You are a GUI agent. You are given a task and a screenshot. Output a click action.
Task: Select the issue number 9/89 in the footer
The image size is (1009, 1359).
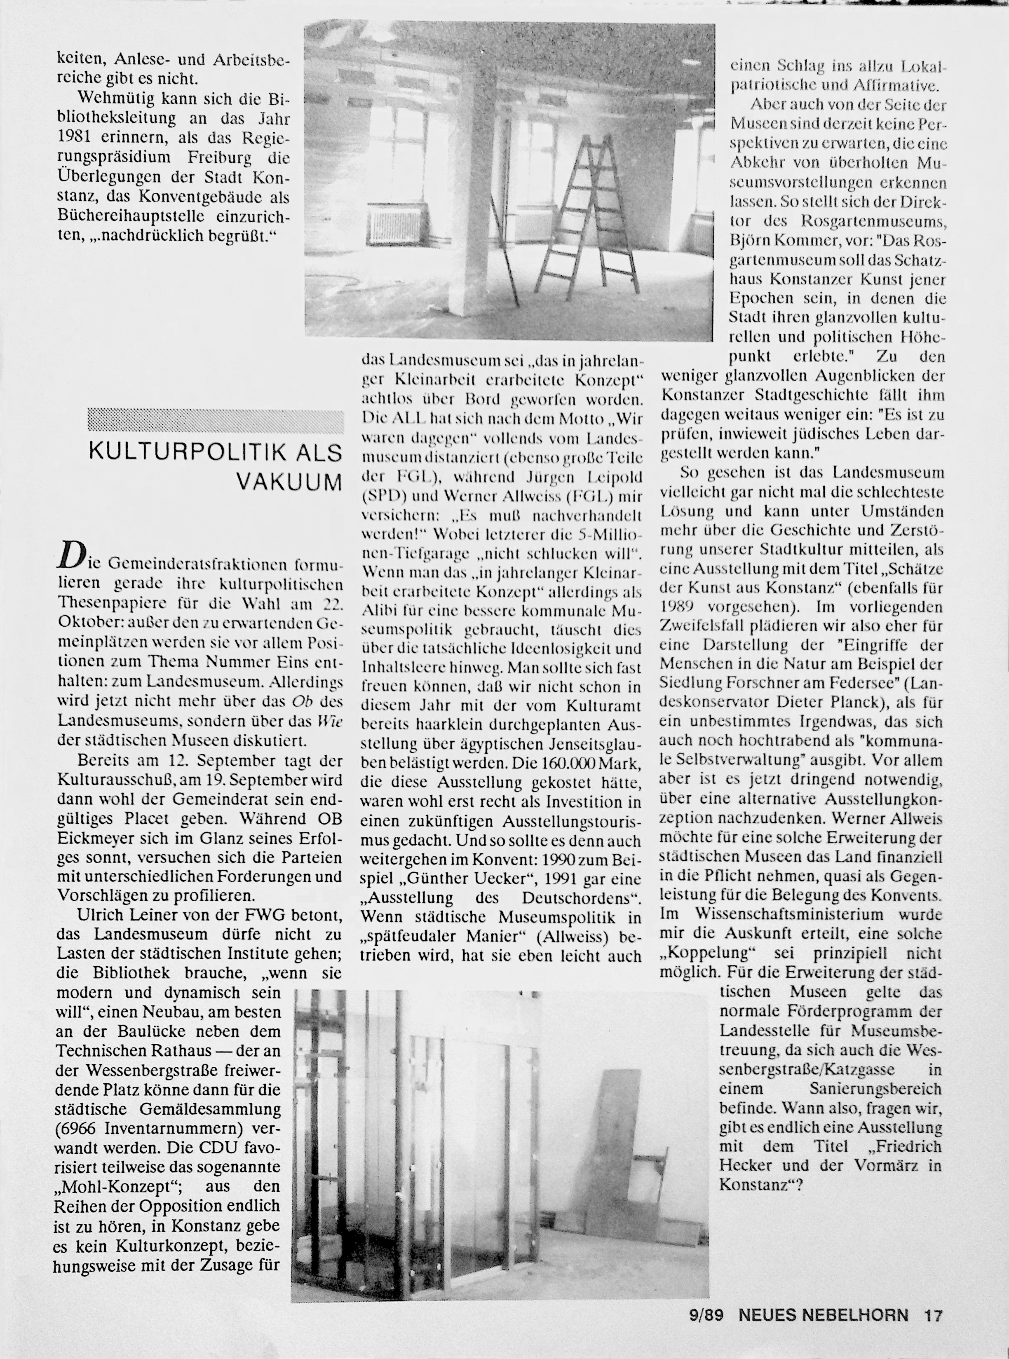706,1331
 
